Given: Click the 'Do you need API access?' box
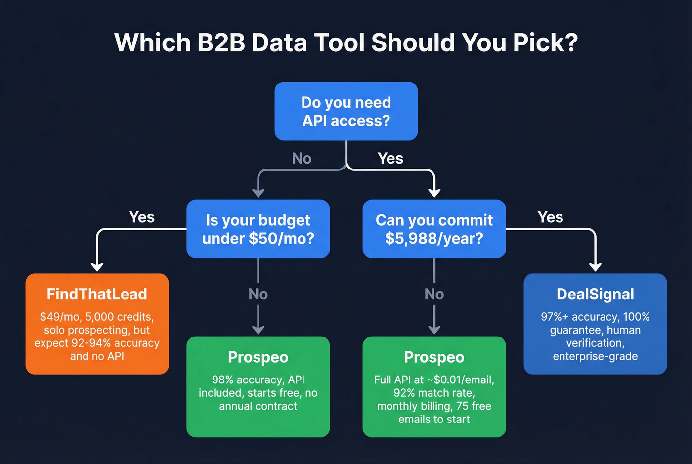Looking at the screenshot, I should click(x=346, y=111).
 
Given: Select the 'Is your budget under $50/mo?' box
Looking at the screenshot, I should click(x=258, y=229).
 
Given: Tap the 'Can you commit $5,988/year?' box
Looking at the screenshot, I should click(x=434, y=229).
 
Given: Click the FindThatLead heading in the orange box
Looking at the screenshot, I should click(x=97, y=294).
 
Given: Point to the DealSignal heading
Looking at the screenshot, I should click(x=595, y=294).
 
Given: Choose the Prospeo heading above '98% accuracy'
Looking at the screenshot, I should click(x=258, y=357).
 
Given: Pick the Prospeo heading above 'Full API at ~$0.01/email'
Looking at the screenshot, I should click(x=434, y=357).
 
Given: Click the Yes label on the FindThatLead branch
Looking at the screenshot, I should click(x=142, y=217).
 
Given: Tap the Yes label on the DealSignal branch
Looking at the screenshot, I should click(x=550, y=217).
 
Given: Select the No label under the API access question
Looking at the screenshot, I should click(x=302, y=158).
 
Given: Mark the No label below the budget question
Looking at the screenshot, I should click(x=258, y=295).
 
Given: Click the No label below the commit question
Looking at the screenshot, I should click(x=434, y=295).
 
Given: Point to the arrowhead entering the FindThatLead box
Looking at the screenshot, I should click(x=97, y=267).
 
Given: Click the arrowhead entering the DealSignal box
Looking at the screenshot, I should click(x=596, y=267).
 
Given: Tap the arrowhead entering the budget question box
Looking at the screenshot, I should click(x=258, y=192).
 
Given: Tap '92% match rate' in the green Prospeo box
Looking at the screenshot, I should click(x=434, y=393).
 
